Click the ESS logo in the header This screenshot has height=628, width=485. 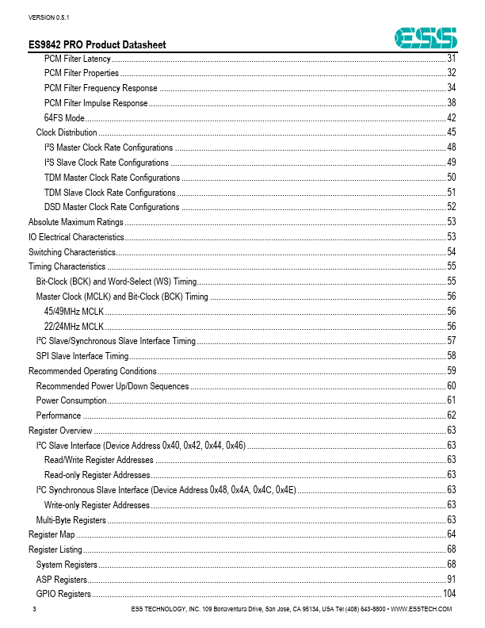(x=426, y=37)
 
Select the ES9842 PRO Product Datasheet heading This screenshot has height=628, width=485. (x=97, y=46)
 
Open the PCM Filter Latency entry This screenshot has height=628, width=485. (x=78, y=59)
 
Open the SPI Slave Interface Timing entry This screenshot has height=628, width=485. (x=82, y=356)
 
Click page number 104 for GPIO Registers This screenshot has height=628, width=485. (x=449, y=594)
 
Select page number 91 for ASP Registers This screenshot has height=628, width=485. (x=451, y=580)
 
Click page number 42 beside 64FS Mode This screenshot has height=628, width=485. (x=451, y=118)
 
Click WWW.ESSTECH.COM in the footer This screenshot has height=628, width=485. (x=422, y=609)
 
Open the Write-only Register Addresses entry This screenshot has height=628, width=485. (x=97, y=505)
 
